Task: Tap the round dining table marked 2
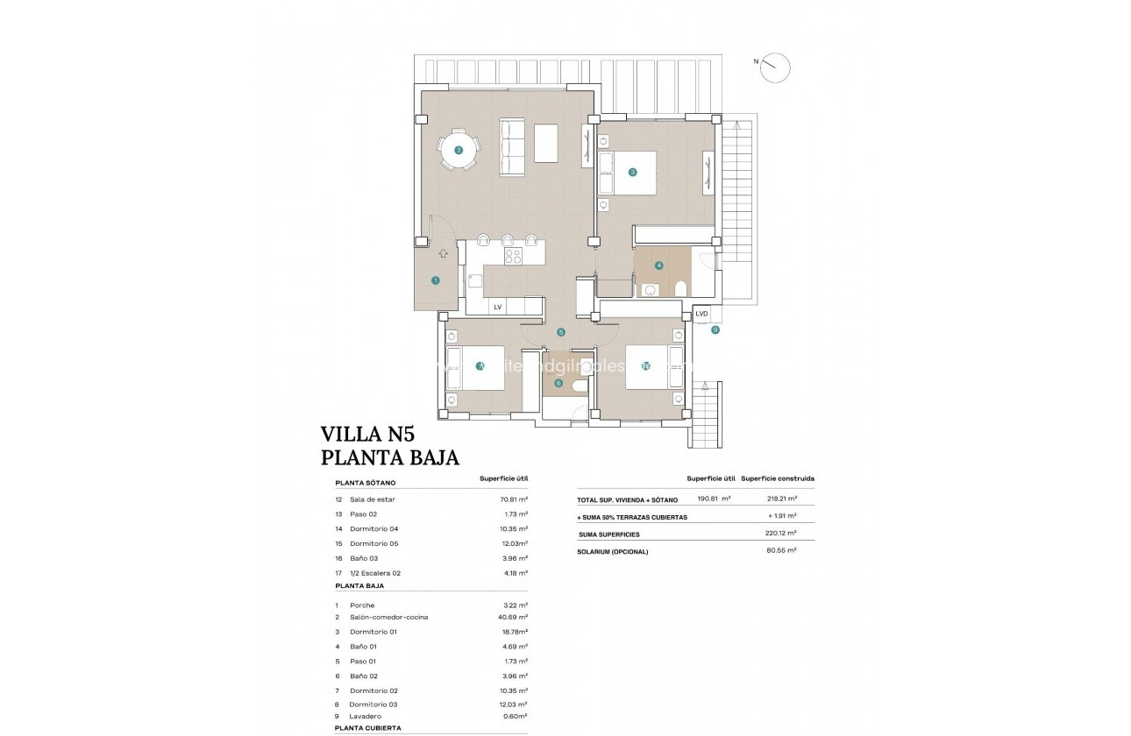(x=459, y=150)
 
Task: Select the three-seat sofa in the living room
(x=512, y=146)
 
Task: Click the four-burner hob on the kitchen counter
(x=513, y=256)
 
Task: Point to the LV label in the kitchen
(x=497, y=307)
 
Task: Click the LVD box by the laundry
(x=701, y=314)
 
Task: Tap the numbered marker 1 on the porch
(x=436, y=280)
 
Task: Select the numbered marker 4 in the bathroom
(x=658, y=265)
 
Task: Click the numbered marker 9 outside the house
(x=715, y=329)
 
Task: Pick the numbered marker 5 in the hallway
(x=561, y=332)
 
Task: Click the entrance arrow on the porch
(x=443, y=253)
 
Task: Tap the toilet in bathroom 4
(x=679, y=288)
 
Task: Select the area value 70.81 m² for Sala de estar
(x=513, y=499)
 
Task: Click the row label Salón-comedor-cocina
(x=388, y=618)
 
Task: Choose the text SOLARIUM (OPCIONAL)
(x=613, y=551)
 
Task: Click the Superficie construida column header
(x=778, y=479)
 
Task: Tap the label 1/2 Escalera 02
(x=375, y=573)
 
